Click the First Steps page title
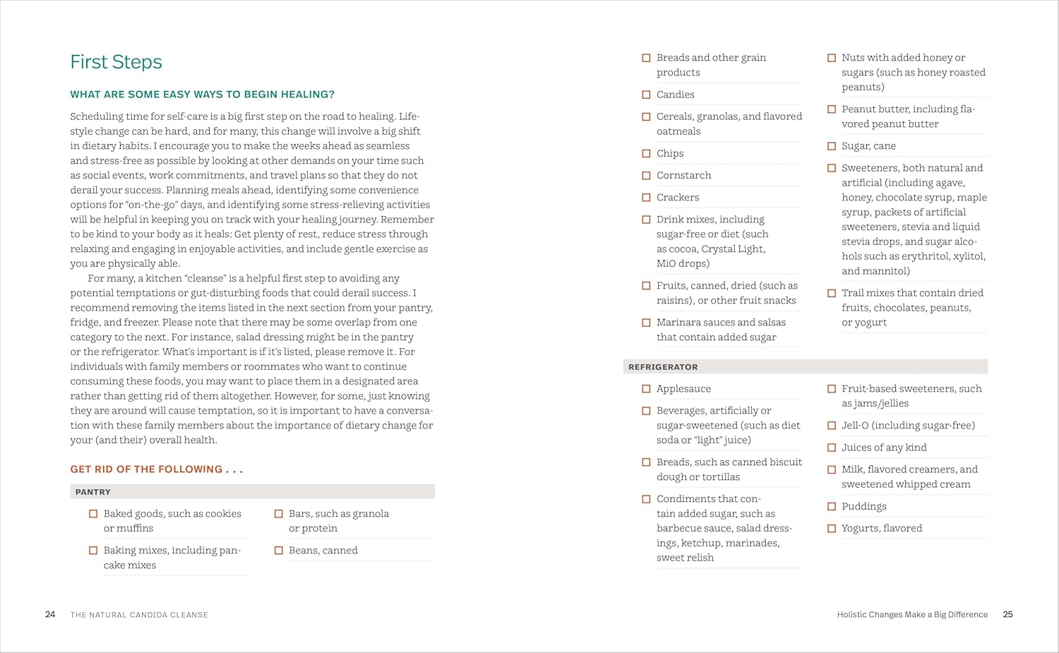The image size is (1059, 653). coord(116,62)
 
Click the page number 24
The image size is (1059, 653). coord(50,614)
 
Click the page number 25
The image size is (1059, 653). coord(1007,614)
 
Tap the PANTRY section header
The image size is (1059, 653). coord(93,492)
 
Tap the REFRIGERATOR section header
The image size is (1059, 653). coord(663,367)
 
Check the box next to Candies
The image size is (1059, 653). coord(646,95)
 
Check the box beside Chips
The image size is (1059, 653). coord(646,153)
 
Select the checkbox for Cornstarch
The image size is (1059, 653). coord(646,175)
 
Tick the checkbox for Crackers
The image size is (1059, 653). coord(646,198)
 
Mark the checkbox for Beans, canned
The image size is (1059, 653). coord(278,551)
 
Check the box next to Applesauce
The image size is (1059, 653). coord(646,389)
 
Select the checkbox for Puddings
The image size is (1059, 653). coord(831,506)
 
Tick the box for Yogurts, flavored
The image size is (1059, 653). coord(831,528)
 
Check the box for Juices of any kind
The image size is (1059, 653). coord(831,448)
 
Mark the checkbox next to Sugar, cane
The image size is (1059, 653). coord(831,146)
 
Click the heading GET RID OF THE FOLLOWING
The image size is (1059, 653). coord(156,469)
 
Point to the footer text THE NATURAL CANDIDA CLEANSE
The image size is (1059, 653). coord(139,615)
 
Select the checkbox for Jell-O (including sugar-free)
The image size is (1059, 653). coord(831,426)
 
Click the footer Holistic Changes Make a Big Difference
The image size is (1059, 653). coord(912,615)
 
